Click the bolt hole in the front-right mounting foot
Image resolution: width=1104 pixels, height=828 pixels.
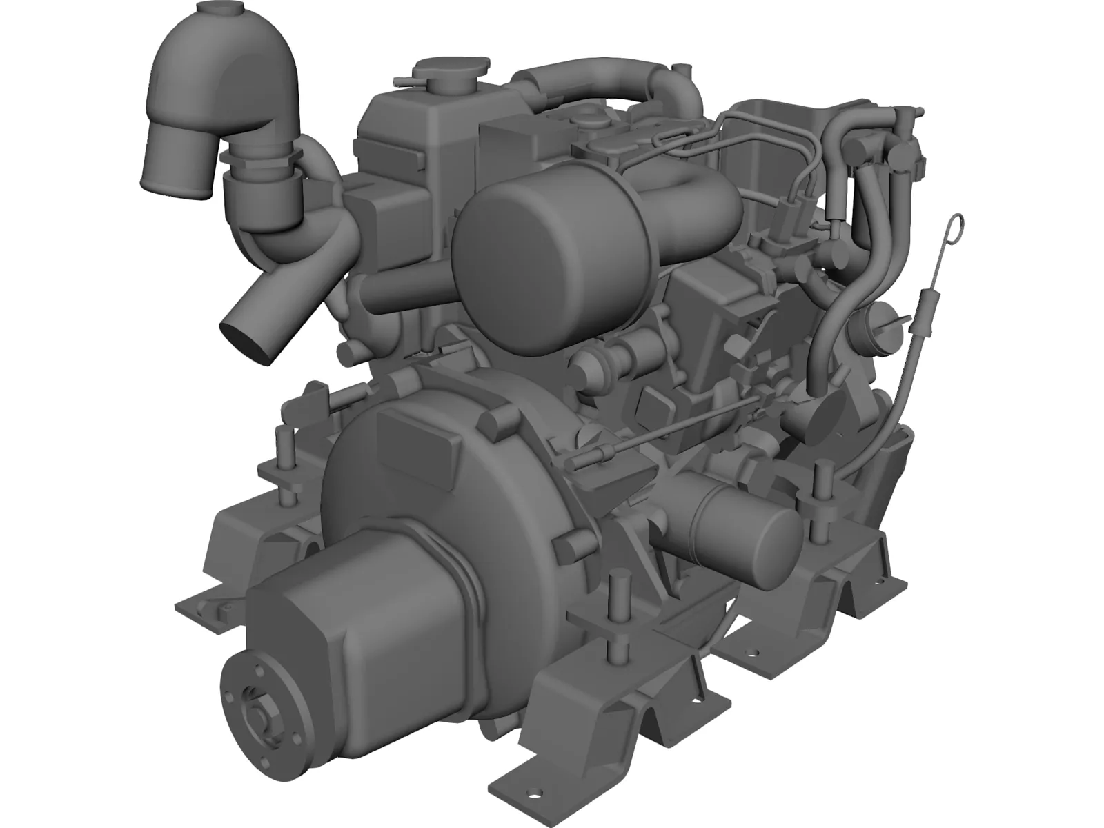[x=756, y=652]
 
